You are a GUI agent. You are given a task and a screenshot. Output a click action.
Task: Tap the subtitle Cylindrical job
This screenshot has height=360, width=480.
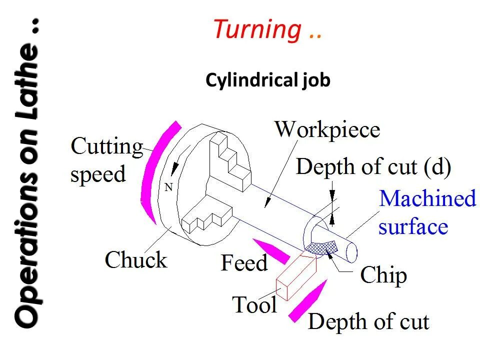click(268, 80)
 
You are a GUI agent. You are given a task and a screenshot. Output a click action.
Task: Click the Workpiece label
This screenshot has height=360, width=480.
click(327, 130)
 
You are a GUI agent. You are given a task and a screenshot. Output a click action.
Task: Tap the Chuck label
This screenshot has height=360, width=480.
click(135, 260)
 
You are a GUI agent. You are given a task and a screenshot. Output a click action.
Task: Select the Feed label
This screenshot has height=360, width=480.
click(244, 263)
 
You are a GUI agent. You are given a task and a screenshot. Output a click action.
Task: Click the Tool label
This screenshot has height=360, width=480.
click(254, 304)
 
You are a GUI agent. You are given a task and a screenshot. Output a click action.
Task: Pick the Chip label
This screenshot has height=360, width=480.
click(383, 275)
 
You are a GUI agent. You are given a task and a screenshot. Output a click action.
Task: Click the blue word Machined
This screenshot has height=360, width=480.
click(427, 199)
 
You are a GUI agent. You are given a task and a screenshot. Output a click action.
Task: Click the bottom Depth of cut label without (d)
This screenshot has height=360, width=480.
click(368, 322)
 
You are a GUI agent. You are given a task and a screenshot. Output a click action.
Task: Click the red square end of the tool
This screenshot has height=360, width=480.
click(283, 290)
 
